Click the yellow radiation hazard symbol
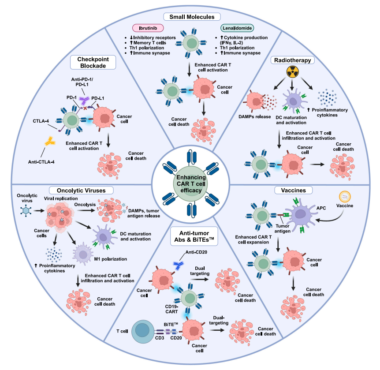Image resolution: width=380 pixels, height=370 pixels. click(293, 72)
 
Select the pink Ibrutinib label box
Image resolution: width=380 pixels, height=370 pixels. click(148, 28)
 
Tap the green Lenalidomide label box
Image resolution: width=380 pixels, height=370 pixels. click(237, 28)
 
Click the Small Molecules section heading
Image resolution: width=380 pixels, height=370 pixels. click(192, 17)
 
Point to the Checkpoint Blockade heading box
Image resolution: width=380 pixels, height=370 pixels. click(93, 63)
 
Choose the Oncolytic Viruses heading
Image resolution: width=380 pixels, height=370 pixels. click(81, 191)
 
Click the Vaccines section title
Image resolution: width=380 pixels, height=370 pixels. click(294, 191)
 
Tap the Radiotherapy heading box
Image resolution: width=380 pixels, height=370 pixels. click(293, 60)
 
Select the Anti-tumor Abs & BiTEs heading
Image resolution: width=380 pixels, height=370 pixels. click(194, 236)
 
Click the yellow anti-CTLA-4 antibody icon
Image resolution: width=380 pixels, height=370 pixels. click(50, 142)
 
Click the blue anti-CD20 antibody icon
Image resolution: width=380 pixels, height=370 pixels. click(179, 265)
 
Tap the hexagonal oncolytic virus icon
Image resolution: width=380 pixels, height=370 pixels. click(26, 210)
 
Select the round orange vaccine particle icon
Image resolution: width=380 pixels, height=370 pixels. click(345, 197)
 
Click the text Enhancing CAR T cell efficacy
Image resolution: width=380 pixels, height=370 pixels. click(191, 184)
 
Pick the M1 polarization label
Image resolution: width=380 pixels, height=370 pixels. click(111, 259)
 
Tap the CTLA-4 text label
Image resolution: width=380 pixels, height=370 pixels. click(41, 121)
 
